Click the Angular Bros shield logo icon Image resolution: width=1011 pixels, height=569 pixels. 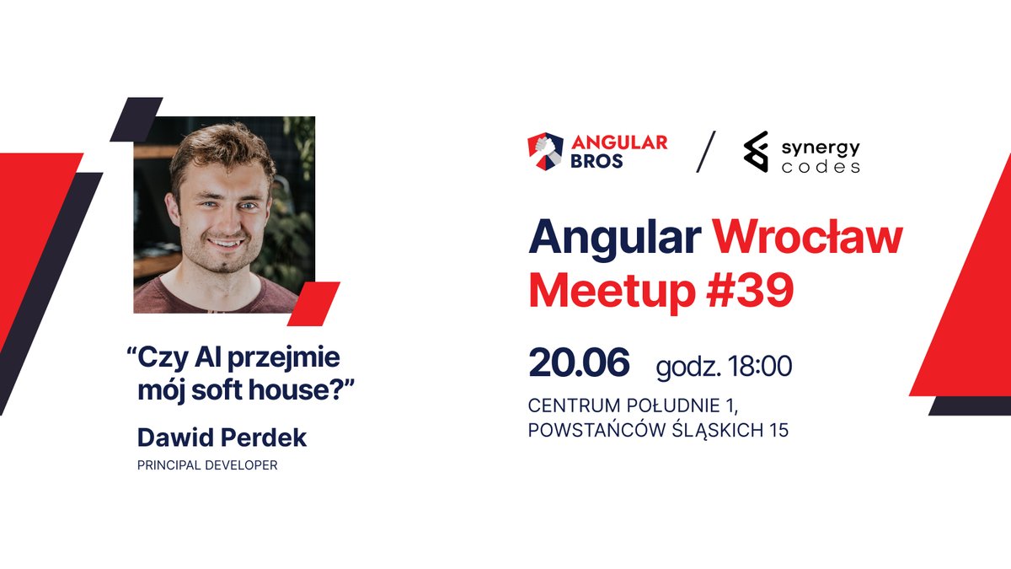[x=545, y=151]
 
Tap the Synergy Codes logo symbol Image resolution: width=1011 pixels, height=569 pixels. [x=755, y=152]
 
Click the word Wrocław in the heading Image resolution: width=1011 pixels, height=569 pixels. [x=808, y=239]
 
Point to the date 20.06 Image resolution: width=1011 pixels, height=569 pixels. [x=579, y=362]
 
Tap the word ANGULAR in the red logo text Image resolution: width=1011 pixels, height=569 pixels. [x=620, y=142]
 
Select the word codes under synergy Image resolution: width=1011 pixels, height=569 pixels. [x=820, y=166]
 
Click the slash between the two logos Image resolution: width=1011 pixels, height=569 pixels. [x=705, y=152]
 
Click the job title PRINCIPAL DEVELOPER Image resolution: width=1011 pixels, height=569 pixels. [x=207, y=465]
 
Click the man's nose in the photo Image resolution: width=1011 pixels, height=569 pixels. [x=227, y=217]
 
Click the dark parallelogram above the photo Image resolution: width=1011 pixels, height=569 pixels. [x=136, y=118]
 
